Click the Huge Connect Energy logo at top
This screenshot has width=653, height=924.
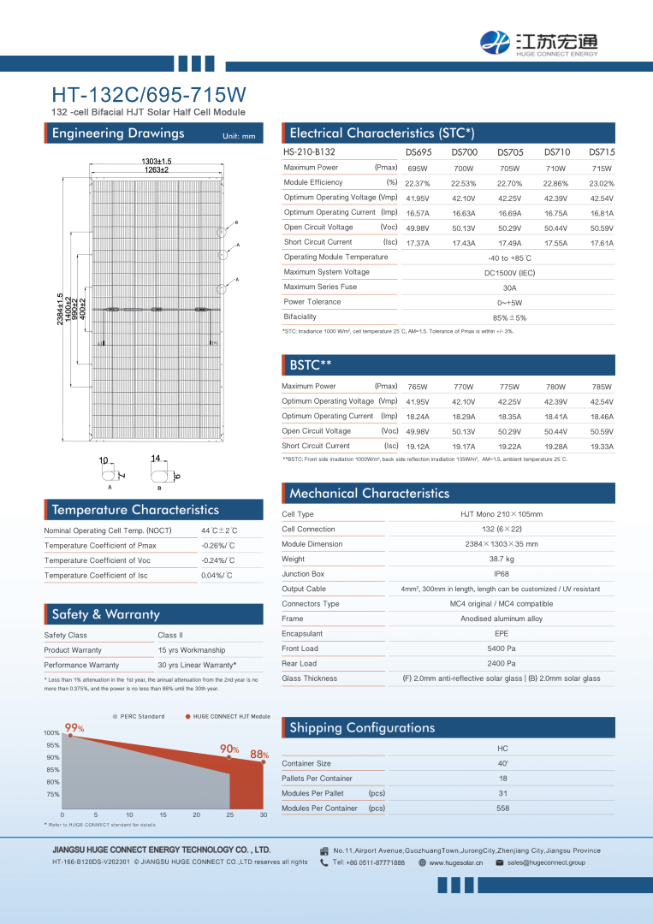click(x=539, y=41)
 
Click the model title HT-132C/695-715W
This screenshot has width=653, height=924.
click(x=149, y=94)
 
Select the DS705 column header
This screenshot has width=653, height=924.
click(x=510, y=152)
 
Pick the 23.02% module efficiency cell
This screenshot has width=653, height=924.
click(x=602, y=183)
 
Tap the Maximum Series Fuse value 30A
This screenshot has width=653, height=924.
click(x=510, y=287)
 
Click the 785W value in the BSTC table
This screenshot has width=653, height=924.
click(x=602, y=387)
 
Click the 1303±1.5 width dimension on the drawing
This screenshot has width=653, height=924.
click(x=156, y=162)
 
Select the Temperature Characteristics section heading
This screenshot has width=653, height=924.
click(x=135, y=510)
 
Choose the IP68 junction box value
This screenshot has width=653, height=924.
click(x=502, y=574)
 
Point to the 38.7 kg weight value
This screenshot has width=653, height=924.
click(x=502, y=560)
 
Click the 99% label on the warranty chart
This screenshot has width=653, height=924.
click(x=74, y=728)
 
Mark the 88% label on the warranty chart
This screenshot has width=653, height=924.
click(x=259, y=755)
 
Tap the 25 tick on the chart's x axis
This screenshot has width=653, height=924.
click(x=230, y=814)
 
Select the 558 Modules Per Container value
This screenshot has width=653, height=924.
click(x=502, y=808)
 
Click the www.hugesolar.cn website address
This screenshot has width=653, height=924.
click(x=456, y=863)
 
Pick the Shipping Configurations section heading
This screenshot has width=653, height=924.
click(x=362, y=728)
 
